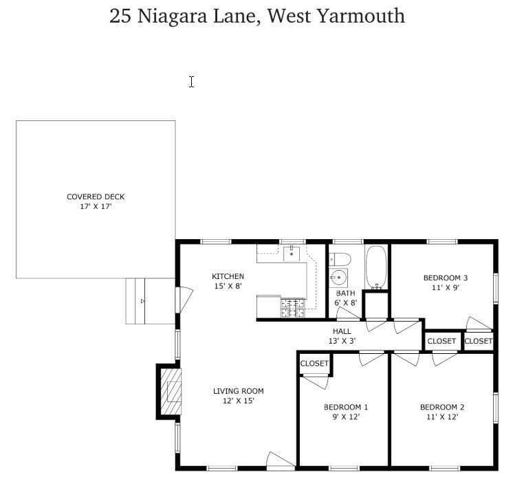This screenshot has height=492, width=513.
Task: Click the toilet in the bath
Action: [340, 260]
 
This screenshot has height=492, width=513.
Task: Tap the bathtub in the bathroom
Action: [376, 268]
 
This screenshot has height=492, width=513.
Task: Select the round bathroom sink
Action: [338, 278]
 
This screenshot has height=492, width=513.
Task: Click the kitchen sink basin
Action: [292, 254]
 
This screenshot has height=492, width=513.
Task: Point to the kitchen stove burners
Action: [292, 308]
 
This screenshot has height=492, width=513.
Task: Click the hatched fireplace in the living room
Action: [171, 392]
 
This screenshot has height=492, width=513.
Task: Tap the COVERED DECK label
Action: [96, 197]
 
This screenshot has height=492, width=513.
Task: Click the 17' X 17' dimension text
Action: [96, 207]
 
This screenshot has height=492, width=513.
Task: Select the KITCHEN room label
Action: [228, 276]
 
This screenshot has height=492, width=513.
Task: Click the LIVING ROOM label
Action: [239, 391]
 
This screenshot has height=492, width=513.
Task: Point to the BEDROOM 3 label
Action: [446, 278]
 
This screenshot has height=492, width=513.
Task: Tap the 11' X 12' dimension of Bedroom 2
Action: [442, 417]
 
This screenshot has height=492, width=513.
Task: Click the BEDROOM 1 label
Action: [346, 407]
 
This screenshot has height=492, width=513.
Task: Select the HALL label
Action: [342, 331]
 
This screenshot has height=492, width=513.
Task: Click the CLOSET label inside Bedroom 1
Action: [314, 364]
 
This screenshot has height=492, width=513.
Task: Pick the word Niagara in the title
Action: [172, 16]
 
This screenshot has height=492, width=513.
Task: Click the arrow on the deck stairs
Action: [142, 301]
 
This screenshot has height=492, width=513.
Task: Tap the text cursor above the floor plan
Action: [191, 82]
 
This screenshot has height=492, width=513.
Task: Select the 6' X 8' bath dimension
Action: [345, 303]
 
